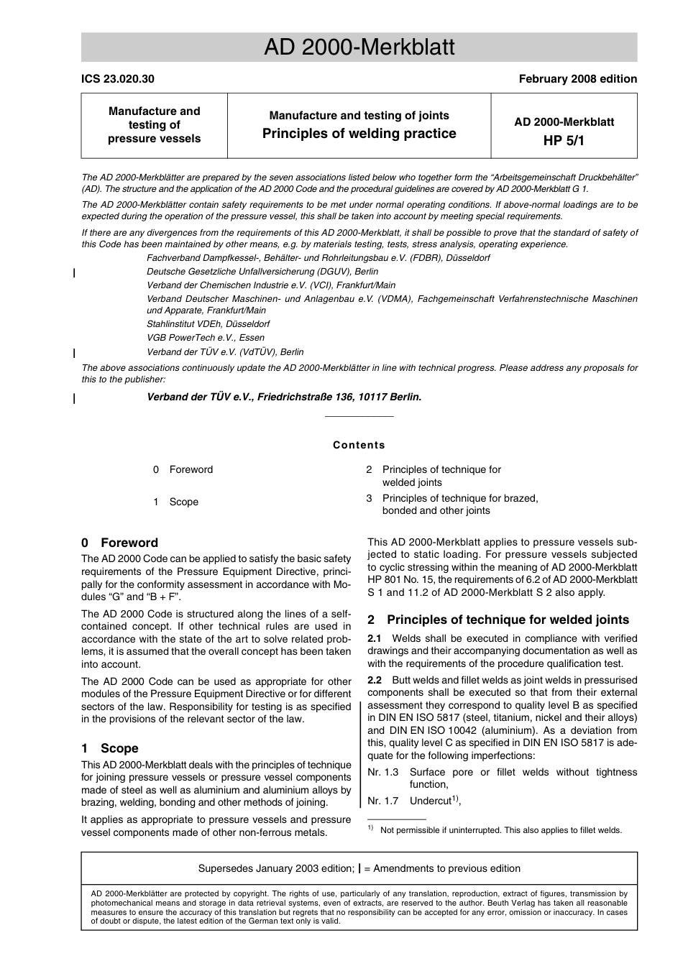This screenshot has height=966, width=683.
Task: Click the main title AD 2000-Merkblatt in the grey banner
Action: click(359, 47)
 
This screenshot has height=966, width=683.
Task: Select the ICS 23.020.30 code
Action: click(117, 79)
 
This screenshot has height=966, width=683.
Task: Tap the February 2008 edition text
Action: click(577, 79)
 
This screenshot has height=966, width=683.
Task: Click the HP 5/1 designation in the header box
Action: click(564, 141)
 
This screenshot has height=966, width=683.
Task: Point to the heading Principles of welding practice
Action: click(359, 134)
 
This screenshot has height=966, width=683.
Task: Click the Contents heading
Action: click(359, 445)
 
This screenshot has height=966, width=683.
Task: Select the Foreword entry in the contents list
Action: click(191, 469)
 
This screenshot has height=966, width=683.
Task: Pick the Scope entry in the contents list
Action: click(183, 502)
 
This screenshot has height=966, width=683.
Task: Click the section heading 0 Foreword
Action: click(119, 543)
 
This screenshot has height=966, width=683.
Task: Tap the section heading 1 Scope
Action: click(109, 748)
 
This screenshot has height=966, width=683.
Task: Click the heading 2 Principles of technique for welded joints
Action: click(498, 620)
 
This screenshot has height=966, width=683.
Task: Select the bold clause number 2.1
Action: click(375, 638)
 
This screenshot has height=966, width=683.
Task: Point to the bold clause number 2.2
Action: click(375, 680)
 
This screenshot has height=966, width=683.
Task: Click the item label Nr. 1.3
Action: click(382, 772)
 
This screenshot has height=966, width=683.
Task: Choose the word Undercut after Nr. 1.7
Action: click(430, 801)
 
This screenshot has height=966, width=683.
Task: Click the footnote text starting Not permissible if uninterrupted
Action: click(501, 830)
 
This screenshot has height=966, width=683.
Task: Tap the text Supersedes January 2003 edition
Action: click(276, 868)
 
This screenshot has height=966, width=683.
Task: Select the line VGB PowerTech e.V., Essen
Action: click(206, 338)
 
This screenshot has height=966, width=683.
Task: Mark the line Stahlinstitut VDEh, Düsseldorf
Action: click(208, 324)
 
